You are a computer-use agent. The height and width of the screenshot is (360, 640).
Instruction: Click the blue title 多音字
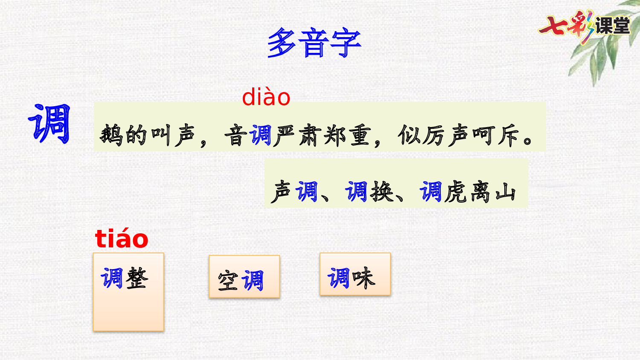click(314, 42)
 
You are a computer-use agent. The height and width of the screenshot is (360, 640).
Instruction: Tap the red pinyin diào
click(266, 97)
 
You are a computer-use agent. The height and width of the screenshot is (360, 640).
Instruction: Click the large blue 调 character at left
click(49, 123)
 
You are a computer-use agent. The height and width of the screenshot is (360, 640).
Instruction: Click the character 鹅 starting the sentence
click(111, 135)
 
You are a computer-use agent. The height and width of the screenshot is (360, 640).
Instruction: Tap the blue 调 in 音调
click(260, 135)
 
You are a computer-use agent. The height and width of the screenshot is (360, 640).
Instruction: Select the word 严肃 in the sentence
click(296, 135)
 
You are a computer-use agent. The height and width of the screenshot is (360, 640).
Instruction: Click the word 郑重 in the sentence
click(347, 135)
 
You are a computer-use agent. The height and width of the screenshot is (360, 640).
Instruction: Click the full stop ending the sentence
click(528, 141)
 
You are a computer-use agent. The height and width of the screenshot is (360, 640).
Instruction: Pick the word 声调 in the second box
click(294, 192)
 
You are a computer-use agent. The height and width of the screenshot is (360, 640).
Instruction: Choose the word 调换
click(369, 192)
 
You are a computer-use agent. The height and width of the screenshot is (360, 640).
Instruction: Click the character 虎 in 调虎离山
click(455, 192)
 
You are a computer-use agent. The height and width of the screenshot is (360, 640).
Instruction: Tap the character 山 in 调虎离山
click(506, 192)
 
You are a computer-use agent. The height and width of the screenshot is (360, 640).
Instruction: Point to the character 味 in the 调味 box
click(364, 278)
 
